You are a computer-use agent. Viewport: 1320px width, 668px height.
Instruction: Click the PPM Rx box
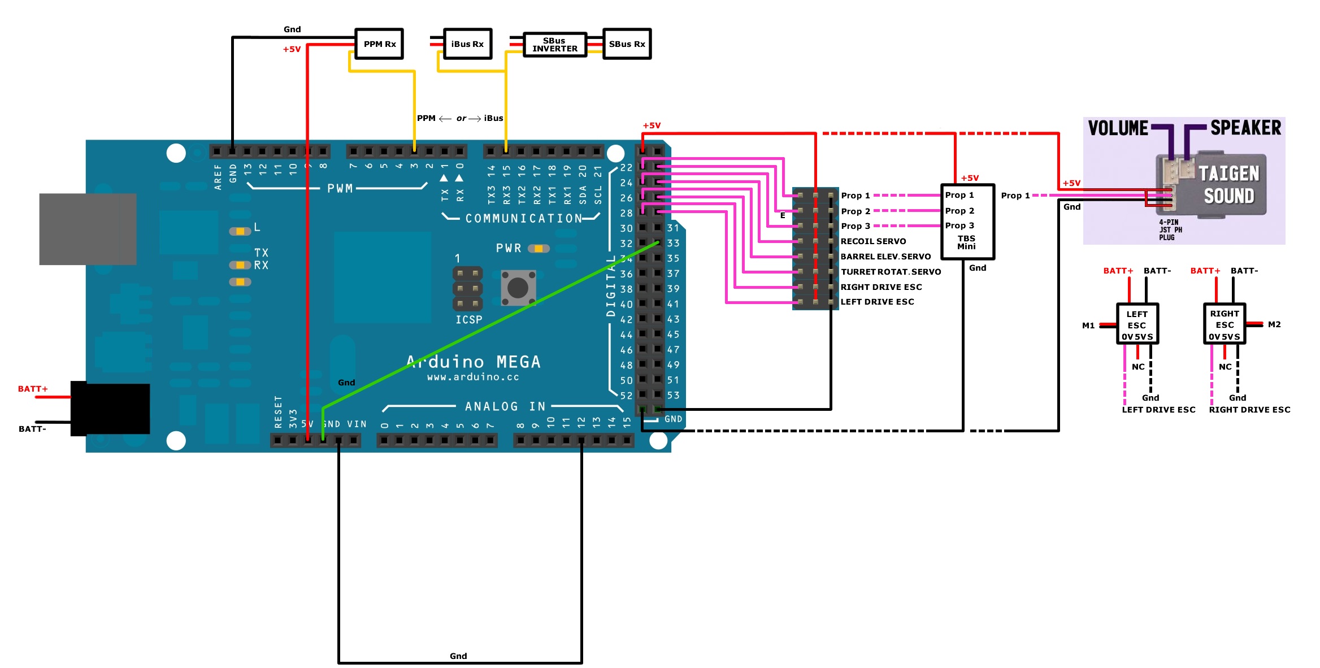point(379,44)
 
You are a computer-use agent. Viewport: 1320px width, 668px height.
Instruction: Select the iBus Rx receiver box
point(467,44)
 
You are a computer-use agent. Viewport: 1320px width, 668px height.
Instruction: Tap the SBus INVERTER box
point(555,45)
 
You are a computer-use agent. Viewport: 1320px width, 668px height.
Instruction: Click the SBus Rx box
point(627,44)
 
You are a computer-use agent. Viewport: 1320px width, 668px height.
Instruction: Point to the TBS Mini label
point(966,242)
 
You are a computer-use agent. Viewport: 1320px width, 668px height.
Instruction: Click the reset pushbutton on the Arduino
point(518,288)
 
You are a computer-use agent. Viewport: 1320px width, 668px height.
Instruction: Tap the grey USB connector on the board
point(88,229)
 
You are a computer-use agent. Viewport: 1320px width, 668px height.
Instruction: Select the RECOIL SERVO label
point(873,241)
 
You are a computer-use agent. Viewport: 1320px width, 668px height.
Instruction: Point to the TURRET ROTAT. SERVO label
point(891,272)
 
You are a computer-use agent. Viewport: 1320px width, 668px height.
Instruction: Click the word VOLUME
point(1118,128)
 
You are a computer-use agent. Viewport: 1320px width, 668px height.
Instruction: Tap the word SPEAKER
point(1245,128)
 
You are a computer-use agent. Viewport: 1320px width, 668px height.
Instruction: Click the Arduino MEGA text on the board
point(474,362)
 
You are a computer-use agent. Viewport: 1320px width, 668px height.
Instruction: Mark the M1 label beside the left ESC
point(1088,326)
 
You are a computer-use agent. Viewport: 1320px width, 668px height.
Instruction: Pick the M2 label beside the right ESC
point(1274,324)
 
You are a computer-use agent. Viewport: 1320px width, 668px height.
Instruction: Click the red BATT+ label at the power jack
point(33,389)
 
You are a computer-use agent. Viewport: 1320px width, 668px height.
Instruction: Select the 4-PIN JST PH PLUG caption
point(1169,230)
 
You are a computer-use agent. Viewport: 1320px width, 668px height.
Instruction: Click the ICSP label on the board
point(468,320)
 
